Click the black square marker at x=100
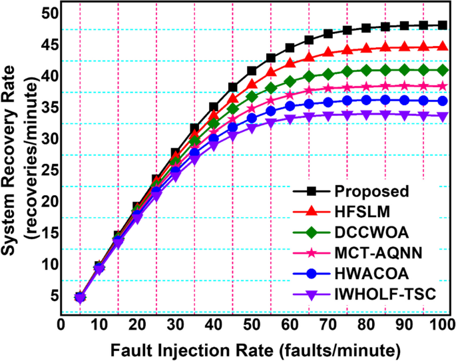(443, 25)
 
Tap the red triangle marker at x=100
(443, 47)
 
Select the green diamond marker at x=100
(443, 69)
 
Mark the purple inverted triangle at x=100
(443, 116)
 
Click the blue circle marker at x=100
(443, 101)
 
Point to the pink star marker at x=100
(443, 86)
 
